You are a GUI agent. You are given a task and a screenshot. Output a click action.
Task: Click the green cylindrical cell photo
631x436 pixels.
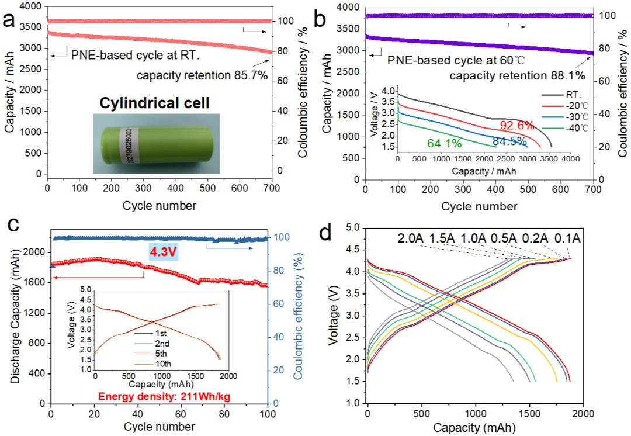pos(156,143)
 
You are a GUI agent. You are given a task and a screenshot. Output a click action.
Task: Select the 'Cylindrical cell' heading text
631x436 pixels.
pos(154,103)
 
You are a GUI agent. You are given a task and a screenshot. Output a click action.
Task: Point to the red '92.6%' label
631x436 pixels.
pos(517,126)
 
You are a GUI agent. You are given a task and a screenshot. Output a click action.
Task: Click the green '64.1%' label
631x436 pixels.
pos(444,143)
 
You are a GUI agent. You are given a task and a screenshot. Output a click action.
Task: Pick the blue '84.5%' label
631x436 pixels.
pos(509,141)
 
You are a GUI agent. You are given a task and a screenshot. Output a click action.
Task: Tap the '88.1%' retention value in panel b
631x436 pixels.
pos(568,75)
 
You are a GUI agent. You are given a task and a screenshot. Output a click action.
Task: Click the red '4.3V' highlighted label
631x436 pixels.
pos(164,252)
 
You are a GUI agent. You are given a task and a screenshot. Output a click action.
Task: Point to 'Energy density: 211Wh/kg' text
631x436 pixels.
pos(164,396)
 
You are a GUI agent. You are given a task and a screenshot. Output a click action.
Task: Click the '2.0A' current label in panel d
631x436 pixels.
pos(411,238)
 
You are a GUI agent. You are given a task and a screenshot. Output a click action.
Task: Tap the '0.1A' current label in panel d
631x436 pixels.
pos(567,238)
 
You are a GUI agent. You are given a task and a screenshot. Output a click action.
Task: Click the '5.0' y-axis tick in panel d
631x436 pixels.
pos(352,228)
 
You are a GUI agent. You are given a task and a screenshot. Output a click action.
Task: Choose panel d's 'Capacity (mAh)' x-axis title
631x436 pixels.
pos(474,428)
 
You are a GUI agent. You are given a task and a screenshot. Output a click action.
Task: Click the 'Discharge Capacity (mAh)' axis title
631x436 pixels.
pos(15,317)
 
